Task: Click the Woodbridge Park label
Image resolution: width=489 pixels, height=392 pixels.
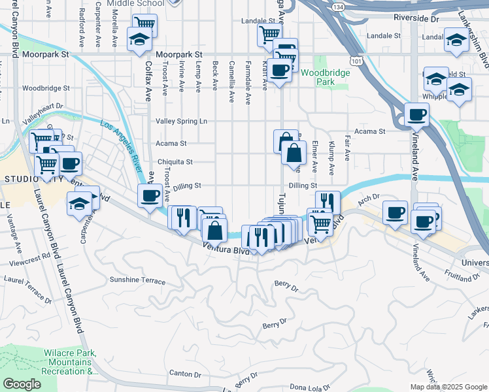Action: (325, 77)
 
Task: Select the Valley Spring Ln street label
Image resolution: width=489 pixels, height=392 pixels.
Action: (181, 121)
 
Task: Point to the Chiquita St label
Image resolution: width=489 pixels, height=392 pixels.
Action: (175, 161)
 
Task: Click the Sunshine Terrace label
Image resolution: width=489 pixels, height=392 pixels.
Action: (137, 280)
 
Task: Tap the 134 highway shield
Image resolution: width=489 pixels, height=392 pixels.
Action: (337, 7)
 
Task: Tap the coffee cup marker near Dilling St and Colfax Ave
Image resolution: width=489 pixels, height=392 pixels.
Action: (150, 195)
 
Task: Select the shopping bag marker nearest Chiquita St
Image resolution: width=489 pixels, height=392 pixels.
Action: (294, 154)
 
